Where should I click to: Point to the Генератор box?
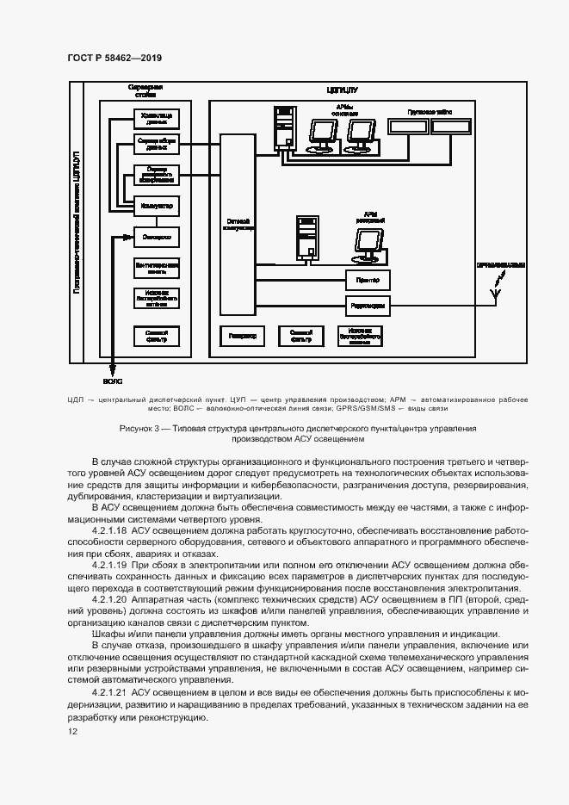tap(244, 337)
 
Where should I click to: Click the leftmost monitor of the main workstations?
tap(324, 132)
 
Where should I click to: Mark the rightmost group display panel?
tap(451, 126)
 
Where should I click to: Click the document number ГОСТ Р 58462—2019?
tap(114, 58)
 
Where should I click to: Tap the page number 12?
tap(72, 731)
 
